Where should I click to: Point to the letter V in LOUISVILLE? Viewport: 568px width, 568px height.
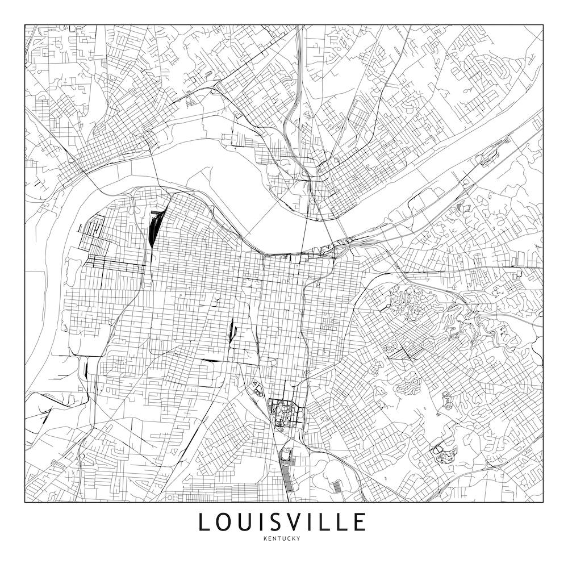coord(299,522)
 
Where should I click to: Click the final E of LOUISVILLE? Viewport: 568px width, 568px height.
coord(358,522)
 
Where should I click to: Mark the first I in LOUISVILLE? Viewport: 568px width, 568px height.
coord(264,522)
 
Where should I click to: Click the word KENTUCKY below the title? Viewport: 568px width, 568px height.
coord(282,538)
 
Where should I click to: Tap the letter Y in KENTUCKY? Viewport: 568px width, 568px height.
coord(298,538)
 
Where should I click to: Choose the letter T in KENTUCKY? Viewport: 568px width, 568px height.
coord(279,538)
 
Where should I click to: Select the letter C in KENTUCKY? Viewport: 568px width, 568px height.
coord(289,538)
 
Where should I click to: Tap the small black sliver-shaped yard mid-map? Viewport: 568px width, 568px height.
coord(231,331)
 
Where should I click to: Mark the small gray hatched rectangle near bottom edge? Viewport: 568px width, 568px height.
coord(337,487)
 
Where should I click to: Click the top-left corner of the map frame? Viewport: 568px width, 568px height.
coord(25,25)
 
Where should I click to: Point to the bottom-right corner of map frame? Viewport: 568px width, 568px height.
coord(543,502)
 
